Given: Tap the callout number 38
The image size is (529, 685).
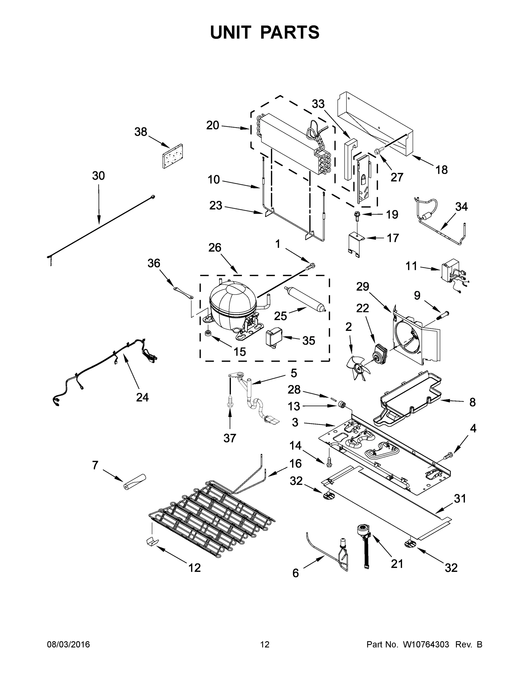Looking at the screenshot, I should tap(141, 132).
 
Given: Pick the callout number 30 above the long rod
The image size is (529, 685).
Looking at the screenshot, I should tap(98, 176).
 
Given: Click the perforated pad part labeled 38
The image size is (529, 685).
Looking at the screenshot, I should tap(173, 156).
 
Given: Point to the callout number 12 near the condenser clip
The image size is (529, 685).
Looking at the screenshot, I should tap(194, 567).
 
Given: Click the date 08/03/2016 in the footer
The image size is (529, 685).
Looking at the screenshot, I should tap(68, 644).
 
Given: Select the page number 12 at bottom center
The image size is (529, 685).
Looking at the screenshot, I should tap(265, 644).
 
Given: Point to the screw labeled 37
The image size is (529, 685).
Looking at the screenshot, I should tap(230, 402).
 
